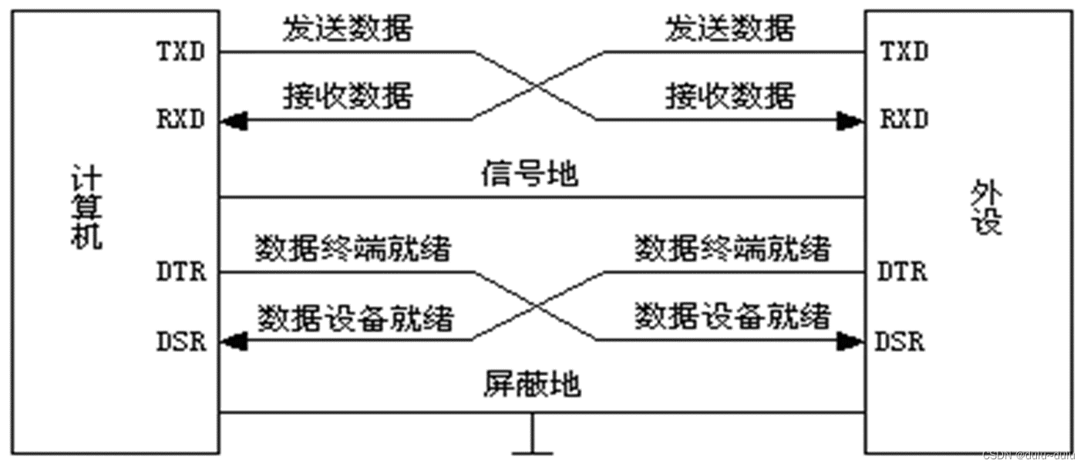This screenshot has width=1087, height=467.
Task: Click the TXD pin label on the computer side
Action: tap(182, 53)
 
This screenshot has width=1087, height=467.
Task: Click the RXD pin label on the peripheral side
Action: tap(904, 120)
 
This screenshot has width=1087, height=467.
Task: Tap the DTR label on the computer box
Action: tap(182, 273)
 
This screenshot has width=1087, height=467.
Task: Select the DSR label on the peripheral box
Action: tap(900, 341)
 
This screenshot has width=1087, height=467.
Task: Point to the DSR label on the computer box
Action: tap(182, 341)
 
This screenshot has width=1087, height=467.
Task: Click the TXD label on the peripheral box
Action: tap(904, 53)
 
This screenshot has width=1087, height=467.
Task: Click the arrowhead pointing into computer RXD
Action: tap(232, 120)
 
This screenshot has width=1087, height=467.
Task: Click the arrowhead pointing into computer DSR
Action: tap(232, 340)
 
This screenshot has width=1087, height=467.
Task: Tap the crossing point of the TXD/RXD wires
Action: tap(537, 86)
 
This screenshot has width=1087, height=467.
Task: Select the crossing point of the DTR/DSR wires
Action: tap(537, 305)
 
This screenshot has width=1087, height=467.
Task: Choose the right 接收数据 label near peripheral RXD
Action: tap(729, 97)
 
